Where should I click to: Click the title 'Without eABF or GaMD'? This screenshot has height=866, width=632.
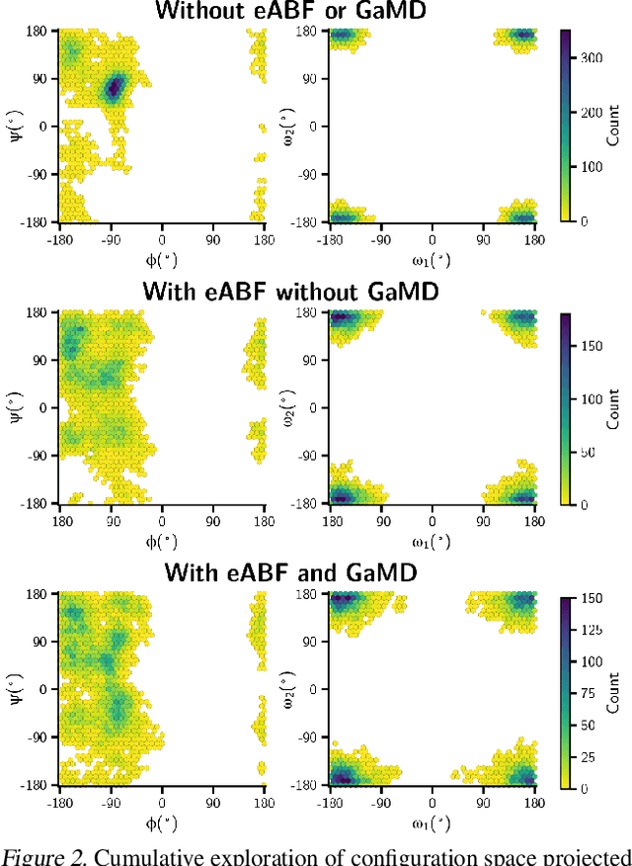click(x=316, y=11)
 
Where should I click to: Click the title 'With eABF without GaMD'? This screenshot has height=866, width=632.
click(x=316, y=293)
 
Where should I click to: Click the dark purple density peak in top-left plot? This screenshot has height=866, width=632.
click(x=113, y=87)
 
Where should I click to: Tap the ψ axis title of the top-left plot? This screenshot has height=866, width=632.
click(x=15, y=126)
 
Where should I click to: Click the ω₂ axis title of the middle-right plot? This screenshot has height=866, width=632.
click(x=288, y=407)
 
